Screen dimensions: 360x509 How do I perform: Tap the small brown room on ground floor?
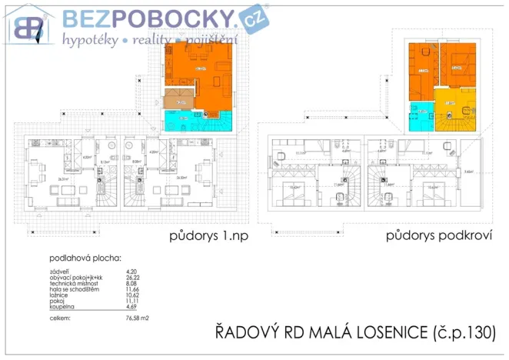click(x=179, y=99)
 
